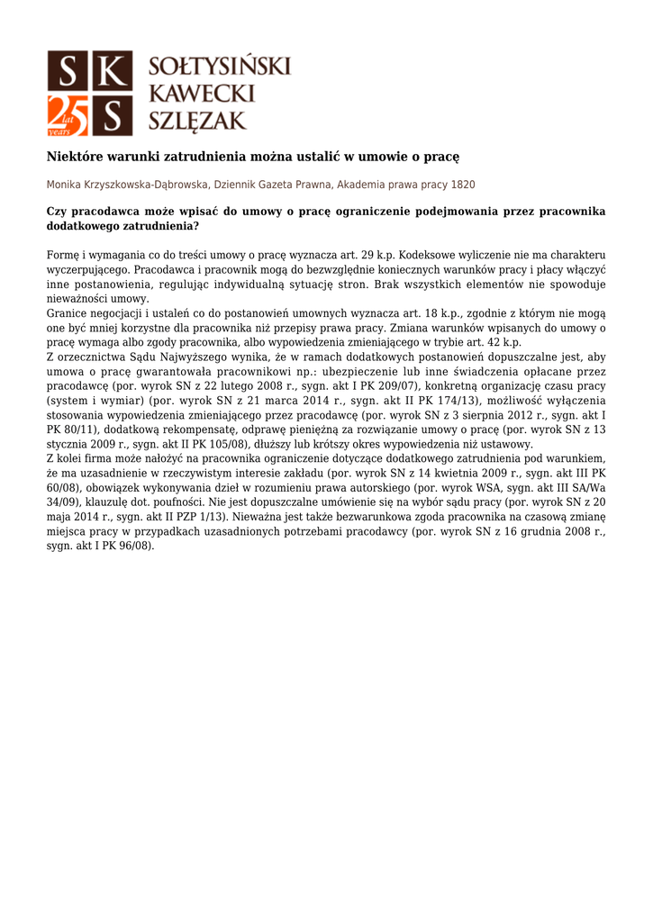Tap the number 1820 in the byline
pos(463,185)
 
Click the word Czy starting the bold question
pos(57,212)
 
